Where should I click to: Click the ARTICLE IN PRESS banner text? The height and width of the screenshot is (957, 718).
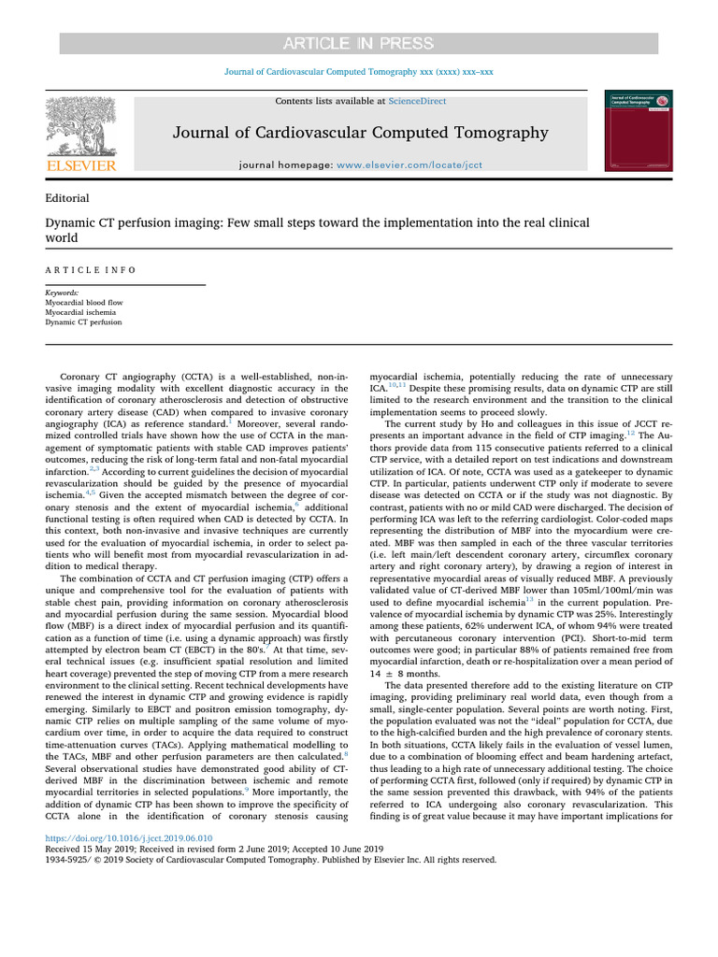click(x=359, y=44)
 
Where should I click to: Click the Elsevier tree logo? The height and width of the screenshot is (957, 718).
click(x=80, y=127)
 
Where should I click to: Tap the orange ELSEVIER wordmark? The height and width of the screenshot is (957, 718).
click(x=80, y=166)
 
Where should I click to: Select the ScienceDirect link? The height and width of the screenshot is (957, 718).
click(x=419, y=101)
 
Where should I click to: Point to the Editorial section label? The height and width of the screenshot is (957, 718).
click(x=67, y=198)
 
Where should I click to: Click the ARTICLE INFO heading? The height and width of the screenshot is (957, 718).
click(x=91, y=269)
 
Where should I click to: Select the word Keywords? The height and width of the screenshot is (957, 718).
click(x=62, y=293)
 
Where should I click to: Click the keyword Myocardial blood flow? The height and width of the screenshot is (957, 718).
click(x=84, y=303)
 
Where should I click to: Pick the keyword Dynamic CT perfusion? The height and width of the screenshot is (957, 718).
click(x=83, y=322)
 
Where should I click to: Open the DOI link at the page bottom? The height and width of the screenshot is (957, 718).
click(x=129, y=839)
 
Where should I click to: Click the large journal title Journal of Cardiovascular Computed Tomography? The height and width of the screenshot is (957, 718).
click(x=360, y=133)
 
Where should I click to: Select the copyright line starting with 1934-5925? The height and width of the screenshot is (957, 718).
click(x=271, y=859)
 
